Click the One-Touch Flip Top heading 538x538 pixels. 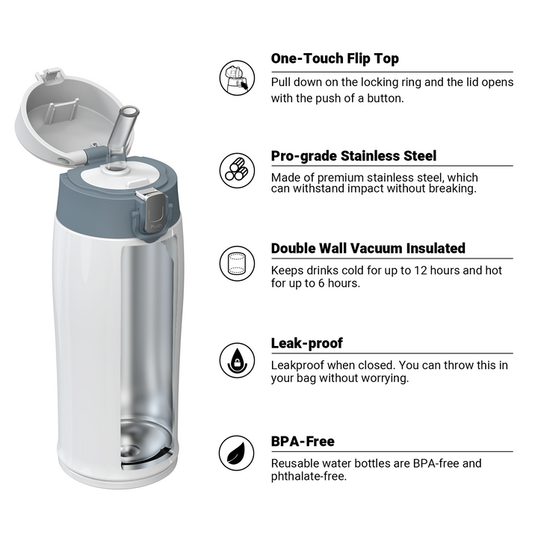(335, 59)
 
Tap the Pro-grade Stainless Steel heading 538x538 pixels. (353, 155)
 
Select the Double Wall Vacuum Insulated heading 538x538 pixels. (368, 248)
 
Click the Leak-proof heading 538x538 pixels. (307, 343)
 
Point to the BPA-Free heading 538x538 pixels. (303, 442)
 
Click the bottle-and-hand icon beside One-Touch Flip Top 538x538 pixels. (237, 78)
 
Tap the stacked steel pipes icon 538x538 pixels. (237, 170)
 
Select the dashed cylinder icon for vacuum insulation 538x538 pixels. (237, 264)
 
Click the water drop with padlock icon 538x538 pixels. (237, 360)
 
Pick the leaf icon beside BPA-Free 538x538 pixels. (237, 454)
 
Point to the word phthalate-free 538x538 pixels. (309, 476)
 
